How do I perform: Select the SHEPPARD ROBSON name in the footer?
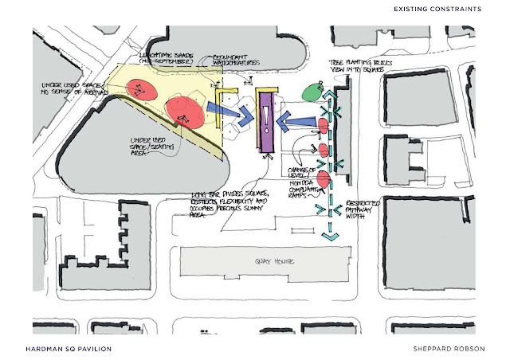(x=449, y=349)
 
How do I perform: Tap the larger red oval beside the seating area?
(x=184, y=111)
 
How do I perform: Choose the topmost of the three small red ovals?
(x=324, y=124)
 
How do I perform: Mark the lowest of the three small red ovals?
(x=324, y=177)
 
